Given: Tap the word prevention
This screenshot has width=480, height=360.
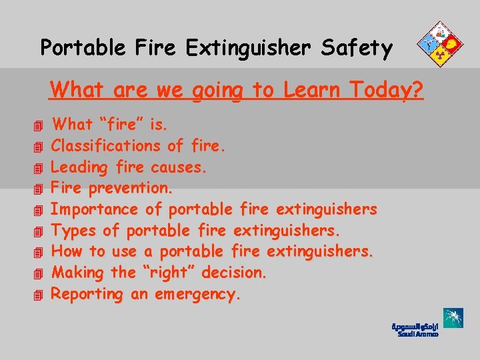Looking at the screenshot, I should pos(134,188).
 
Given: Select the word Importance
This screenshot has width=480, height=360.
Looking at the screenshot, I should pos(95,209).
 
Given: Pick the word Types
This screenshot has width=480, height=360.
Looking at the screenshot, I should pos(74,231).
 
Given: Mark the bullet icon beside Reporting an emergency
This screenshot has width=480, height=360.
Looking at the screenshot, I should pos(39,295).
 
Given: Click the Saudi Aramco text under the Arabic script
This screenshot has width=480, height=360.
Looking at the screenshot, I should pos(418,335).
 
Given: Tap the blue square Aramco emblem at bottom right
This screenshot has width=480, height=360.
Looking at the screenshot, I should pos(453,318).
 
